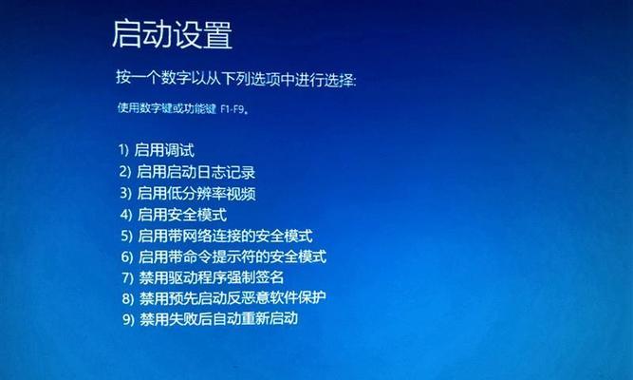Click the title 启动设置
[x=172, y=34]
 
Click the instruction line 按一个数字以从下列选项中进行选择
[x=236, y=78]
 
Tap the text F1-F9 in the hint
[x=233, y=108]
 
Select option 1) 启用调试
[x=157, y=150]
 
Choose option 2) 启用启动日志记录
[x=187, y=172]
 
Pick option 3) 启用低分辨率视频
[x=188, y=193]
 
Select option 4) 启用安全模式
[x=174, y=215]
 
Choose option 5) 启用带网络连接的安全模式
[x=216, y=236]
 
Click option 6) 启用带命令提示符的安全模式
[x=224, y=256]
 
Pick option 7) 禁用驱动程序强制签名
[x=203, y=277]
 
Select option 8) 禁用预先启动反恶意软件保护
[x=224, y=298]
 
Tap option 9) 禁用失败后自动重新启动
[x=211, y=318]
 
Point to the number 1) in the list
[x=123, y=150]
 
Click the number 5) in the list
[x=127, y=236]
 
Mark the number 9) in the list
[x=128, y=319]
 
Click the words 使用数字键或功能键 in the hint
[x=167, y=108]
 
